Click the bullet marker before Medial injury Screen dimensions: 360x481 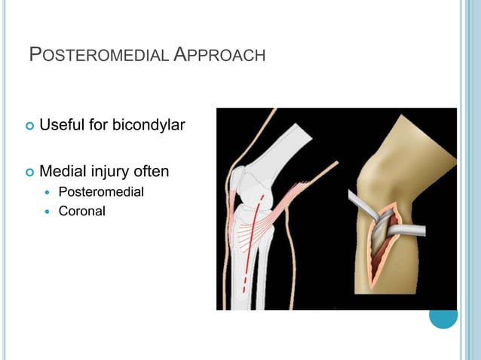tap(30, 173)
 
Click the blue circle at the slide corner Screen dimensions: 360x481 tap(443, 314)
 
